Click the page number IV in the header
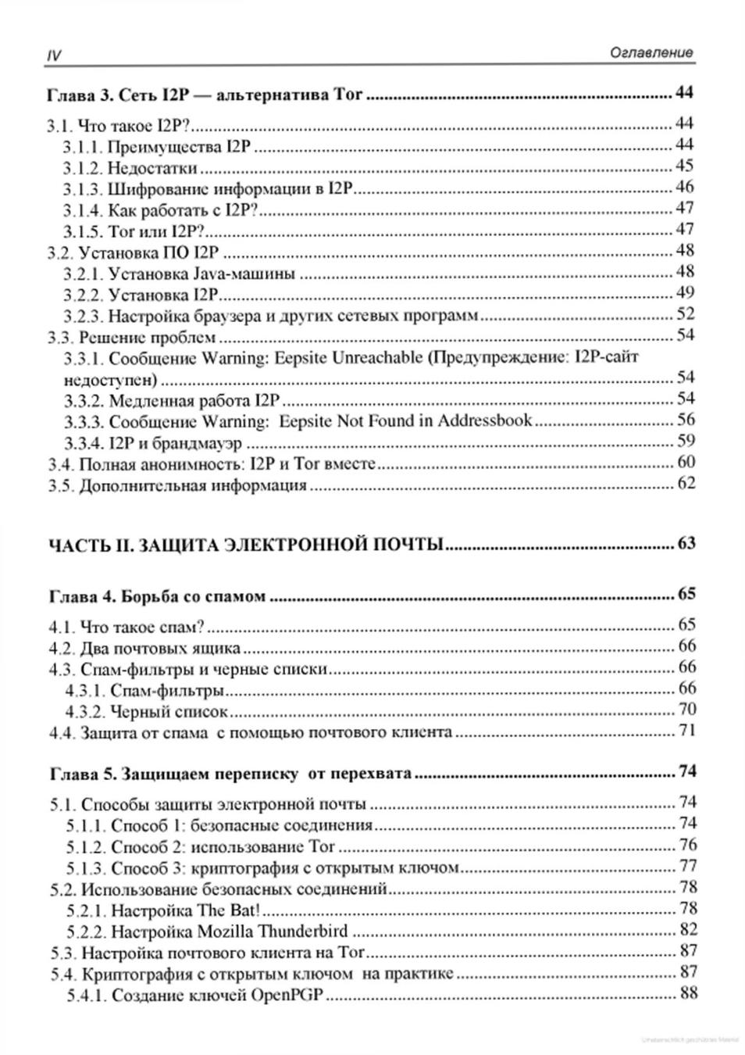[x=54, y=55]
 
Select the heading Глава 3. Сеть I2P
[x=205, y=95]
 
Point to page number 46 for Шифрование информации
[x=684, y=187]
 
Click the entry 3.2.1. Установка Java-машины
[x=179, y=274]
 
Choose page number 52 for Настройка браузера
[x=684, y=314]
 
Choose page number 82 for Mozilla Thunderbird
[x=687, y=930]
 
